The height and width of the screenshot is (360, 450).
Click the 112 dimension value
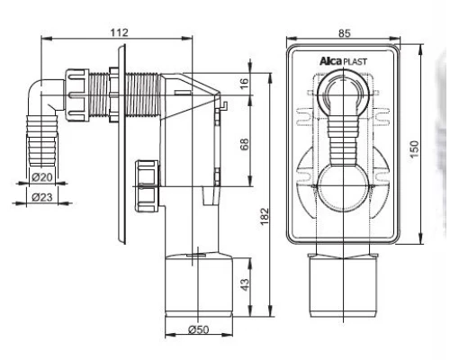tap(120, 32)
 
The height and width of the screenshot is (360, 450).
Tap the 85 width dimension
tap(344, 32)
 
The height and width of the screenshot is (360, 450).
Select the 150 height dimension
tap(414, 149)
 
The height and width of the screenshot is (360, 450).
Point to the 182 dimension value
tap(265, 216)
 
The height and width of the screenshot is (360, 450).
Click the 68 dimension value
tap(245, 144)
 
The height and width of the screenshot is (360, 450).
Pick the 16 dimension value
tap(245, 84)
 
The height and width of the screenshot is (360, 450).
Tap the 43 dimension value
tap(245, 284)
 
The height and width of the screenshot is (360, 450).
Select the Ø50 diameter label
tap(199, 329)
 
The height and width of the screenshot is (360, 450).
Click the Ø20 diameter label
tap(42, 177)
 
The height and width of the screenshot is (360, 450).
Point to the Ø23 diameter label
tap(42, 197)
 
